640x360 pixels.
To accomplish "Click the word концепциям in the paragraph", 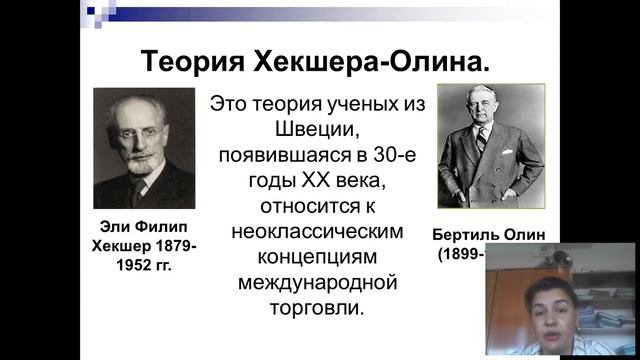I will coord(317,257).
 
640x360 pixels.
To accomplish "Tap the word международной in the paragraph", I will coord(317,283).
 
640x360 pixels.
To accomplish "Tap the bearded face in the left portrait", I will coord(141,136).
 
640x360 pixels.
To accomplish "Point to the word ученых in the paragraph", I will coord(353,103).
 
